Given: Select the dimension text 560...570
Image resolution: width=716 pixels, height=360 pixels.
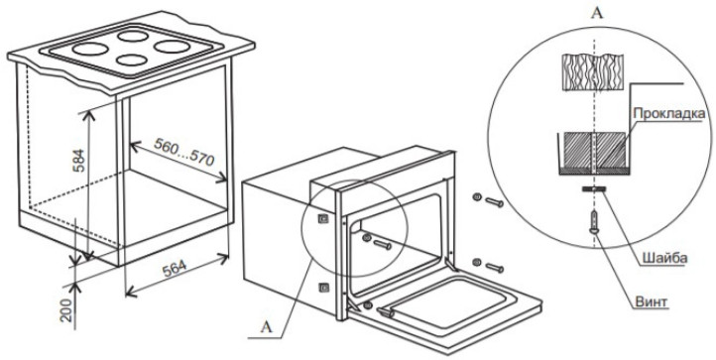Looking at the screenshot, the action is pos(184,152).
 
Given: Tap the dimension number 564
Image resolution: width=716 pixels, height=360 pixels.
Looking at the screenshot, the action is pos(175,268).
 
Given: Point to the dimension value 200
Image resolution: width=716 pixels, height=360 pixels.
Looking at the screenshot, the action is pos(67,310).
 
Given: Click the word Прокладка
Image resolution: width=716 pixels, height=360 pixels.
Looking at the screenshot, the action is pos(669,113).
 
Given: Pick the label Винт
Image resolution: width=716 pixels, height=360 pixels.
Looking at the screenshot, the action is pos(651,301).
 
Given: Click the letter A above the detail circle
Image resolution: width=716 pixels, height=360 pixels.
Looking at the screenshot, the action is pos(597,13).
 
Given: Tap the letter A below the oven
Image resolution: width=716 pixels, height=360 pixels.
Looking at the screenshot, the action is pos(266,327).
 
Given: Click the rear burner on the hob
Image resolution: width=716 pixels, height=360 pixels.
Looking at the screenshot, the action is pos(133,36).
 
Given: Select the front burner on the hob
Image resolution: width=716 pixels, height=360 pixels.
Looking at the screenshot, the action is pos(132,60).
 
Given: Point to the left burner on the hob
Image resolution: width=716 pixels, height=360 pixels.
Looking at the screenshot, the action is pos(90,48).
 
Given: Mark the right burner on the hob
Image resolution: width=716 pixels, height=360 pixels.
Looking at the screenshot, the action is pos(172,47).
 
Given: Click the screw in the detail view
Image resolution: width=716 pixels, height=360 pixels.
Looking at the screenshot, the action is pos(594,221).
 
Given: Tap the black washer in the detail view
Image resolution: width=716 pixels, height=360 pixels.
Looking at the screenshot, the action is pos(594,188).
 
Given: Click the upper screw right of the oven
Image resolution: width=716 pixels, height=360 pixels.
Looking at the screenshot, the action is pos(489,199).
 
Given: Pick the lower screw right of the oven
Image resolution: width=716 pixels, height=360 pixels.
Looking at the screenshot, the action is pos(489,265).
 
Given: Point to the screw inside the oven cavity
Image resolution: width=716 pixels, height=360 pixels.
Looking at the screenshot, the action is pos(377,242).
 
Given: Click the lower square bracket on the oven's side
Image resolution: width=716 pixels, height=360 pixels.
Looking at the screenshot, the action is pos(323,288).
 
